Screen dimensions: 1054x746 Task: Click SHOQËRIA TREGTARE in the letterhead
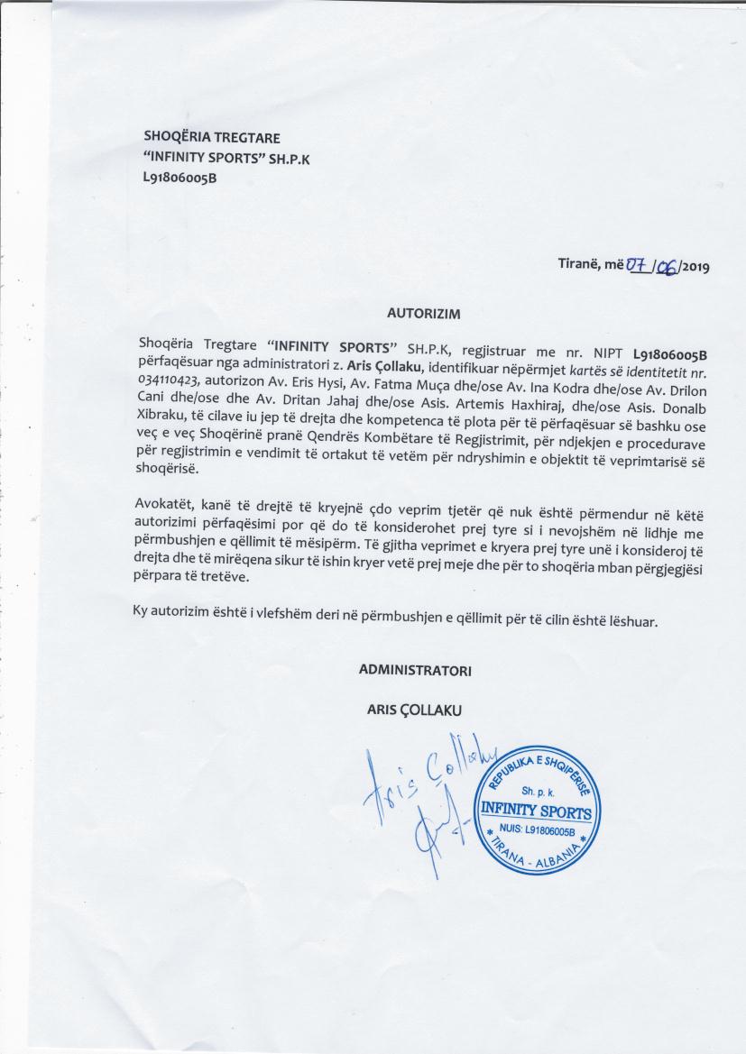click(x=212, y=138)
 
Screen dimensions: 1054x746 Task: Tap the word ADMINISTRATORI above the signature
click(x=415, y=671)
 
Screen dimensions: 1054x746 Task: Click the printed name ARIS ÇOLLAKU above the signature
click(x=410, y=710)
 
